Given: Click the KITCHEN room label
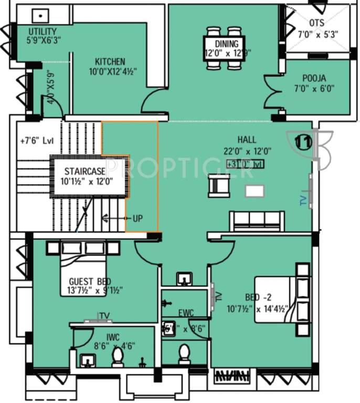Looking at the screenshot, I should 110,61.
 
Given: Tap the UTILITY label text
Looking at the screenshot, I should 43,31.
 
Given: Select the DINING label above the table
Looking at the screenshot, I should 226,44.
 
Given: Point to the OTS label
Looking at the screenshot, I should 316,23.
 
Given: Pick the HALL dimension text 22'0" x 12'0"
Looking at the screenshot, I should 247,151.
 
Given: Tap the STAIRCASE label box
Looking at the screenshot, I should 84,171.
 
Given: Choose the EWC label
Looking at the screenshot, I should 185,313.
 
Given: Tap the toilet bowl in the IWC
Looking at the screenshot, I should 118,357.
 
